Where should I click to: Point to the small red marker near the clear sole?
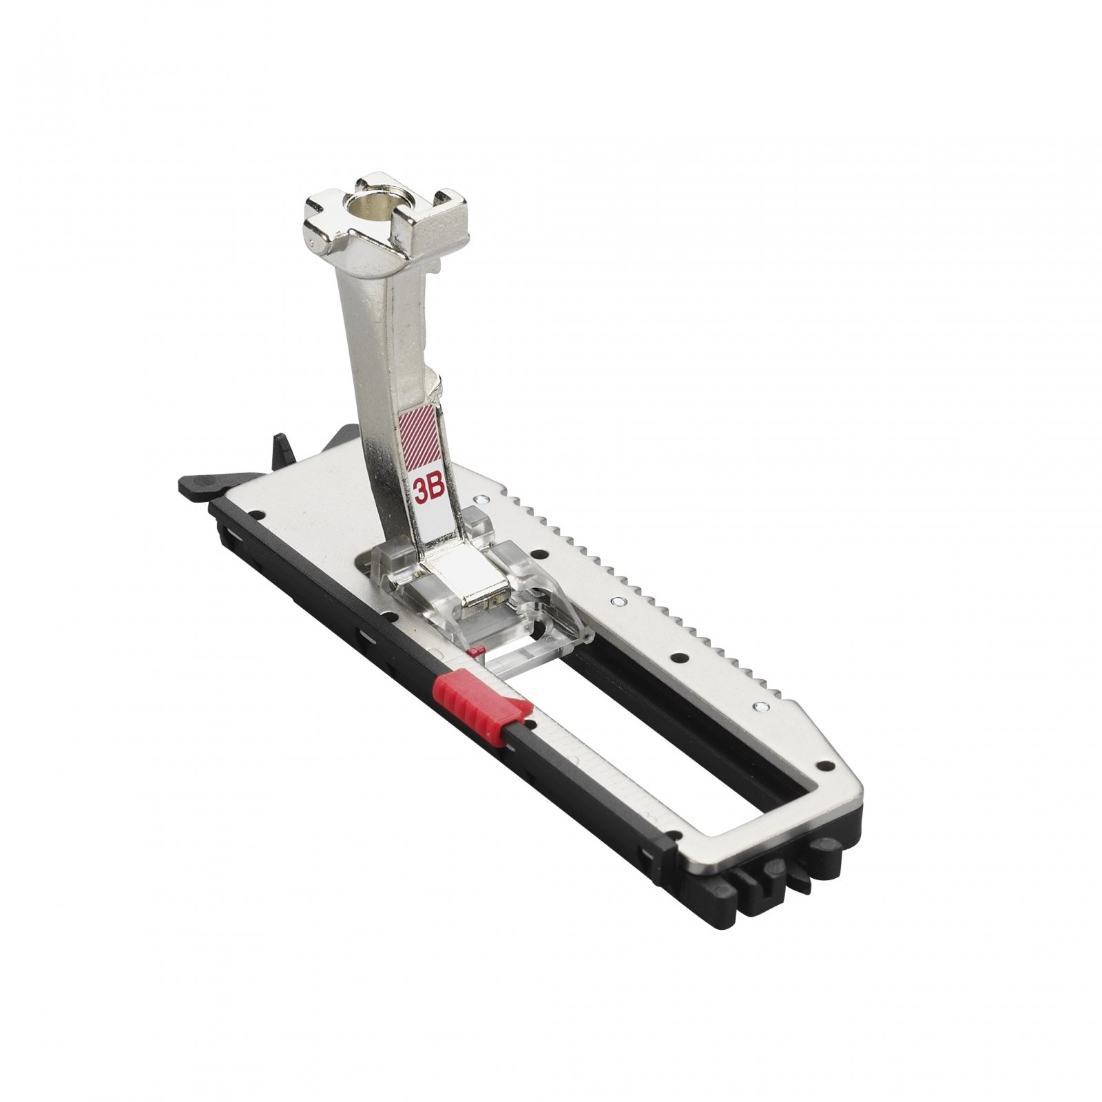coord(472,652)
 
